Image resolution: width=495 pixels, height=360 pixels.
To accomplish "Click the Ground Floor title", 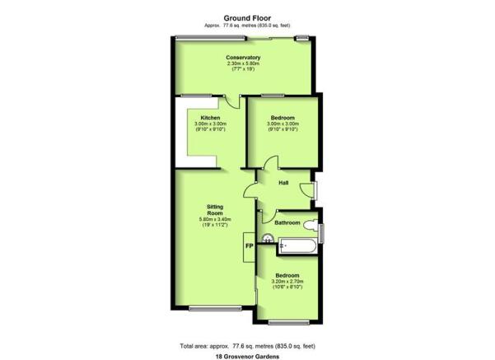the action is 247,18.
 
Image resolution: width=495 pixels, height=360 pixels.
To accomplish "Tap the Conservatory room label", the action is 243,58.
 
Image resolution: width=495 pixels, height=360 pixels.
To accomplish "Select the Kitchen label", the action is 210,118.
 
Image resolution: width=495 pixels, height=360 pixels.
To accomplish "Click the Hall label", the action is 283,183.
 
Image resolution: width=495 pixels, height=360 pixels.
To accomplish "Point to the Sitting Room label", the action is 215,210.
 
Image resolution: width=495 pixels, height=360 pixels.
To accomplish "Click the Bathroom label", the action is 287,222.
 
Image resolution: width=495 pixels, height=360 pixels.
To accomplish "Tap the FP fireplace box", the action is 249,247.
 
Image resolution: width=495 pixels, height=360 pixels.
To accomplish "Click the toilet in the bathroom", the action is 311,226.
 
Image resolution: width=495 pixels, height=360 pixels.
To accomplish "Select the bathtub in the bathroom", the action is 297,246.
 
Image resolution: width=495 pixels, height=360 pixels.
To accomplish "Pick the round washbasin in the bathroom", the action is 268,238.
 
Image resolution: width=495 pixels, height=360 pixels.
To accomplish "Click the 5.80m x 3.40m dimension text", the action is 215,219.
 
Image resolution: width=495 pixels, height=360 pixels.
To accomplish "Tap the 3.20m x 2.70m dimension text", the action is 287,282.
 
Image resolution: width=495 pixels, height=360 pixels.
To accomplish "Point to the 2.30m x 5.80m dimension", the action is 243,63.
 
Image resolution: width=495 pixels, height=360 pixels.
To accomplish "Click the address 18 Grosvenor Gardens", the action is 247,357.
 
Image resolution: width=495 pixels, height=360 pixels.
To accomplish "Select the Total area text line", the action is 247,346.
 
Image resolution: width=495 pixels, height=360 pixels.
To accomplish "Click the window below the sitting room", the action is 215,308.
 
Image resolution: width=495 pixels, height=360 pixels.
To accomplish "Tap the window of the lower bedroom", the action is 288,322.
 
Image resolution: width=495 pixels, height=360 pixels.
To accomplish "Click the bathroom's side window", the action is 321,233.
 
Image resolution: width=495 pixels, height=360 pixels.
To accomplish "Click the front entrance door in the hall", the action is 306,190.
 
